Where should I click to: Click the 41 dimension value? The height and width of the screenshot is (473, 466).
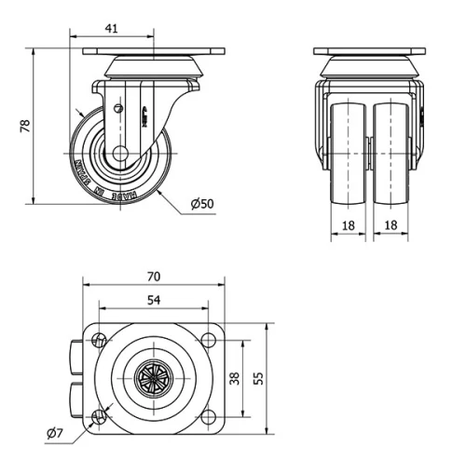[x=111, y=29]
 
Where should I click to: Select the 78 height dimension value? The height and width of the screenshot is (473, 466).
[x=25, y=125]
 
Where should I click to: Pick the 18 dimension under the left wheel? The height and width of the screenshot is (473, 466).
[x=347, y=224]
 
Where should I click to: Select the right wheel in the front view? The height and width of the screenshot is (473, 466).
[x=393, y=154]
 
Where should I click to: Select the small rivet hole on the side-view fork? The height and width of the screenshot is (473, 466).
[x=116, y=108]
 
